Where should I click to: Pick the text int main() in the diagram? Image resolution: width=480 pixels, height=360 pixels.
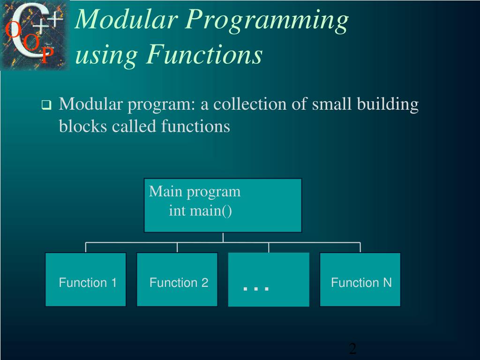[201, 211]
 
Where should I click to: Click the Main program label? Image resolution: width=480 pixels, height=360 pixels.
[195, 192]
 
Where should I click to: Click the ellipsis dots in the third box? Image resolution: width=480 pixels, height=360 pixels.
[256, 287]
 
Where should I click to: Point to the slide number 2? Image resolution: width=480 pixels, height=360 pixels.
[352, 348]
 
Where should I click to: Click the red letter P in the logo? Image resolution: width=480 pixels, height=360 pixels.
[45, 57]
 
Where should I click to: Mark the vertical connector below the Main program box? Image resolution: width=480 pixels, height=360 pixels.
[223, 237]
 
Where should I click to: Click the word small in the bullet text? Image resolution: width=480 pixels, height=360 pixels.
[330, 104]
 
